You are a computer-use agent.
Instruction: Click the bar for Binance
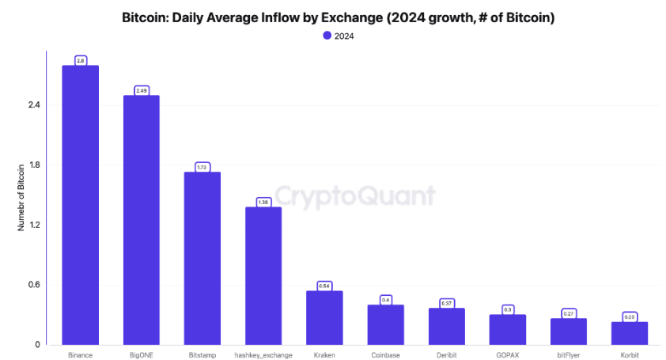pos(81,206)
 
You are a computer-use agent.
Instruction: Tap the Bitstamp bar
pos(202,258)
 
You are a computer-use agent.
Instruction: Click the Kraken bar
pos(324,317)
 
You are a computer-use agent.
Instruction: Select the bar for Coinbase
pos(385,324)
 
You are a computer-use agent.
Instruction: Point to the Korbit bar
pos(630,333)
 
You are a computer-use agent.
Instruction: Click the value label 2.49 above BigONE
pos(142,91)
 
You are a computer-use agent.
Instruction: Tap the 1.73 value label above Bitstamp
pos(202,168)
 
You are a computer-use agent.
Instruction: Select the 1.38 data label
pos(263,203)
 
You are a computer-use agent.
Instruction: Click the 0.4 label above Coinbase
pos(385,300)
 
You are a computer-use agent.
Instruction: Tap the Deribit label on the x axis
pos(446,355)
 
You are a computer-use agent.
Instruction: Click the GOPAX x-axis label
pos(507,355)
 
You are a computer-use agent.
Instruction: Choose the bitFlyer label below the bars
pos(568,355)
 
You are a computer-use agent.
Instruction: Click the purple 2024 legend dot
pos(327,36)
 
